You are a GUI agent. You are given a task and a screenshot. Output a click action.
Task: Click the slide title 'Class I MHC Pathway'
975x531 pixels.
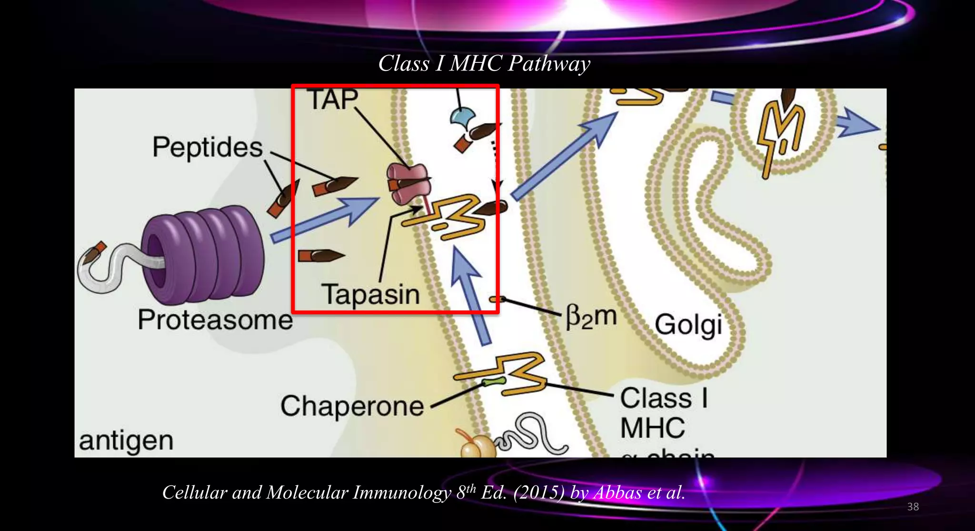[484, 63]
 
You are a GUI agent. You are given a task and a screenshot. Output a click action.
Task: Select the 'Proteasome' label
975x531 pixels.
[215, 320]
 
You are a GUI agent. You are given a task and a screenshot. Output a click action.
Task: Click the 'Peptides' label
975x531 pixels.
[207, 147]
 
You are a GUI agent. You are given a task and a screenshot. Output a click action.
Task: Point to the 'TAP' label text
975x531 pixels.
[332, 100]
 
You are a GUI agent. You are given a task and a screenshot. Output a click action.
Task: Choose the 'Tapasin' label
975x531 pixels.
[371, 295]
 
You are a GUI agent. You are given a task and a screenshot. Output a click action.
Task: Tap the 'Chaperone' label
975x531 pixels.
[352, 406]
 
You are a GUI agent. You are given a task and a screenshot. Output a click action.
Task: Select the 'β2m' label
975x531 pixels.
[591, 317]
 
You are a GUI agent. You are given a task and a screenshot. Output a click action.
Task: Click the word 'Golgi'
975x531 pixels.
[688, 325]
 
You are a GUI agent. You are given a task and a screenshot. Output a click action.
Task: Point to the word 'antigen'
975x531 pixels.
[126, 441]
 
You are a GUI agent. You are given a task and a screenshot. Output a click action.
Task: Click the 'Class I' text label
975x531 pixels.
[664, 398]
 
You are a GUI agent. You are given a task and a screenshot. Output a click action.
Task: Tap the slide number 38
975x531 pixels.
[913, 507]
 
